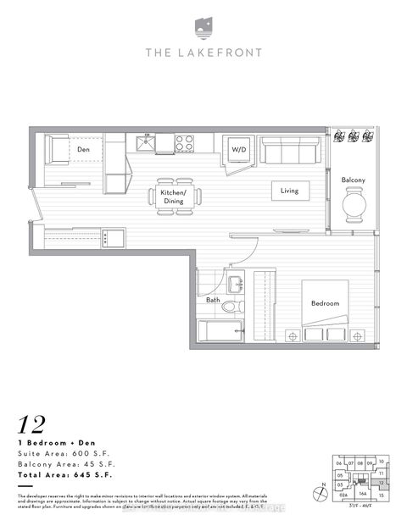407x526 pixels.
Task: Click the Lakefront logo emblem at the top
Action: [203, 26]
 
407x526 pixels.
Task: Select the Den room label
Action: [84, 150]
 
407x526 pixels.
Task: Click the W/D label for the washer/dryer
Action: [238, 150]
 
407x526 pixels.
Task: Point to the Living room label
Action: [290, 191]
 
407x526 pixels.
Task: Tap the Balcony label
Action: [354, 180]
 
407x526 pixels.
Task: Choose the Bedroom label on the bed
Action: [325, 303]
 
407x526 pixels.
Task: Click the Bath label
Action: [213, 300]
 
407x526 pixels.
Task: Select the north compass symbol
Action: [318, 490]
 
